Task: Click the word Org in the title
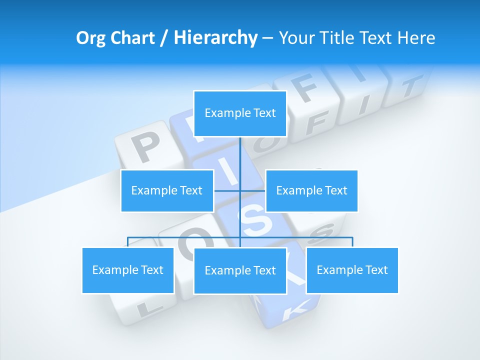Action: click(x=90, y=38)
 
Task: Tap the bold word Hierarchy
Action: click(x=215, y=38)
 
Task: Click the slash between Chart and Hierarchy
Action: click(x=163, y=38)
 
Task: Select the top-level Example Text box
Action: click(x=240, y=113)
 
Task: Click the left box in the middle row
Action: click(x=167, y=190)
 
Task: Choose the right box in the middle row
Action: click(x=311, y=190)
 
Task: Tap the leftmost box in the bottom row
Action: click(x=128, y=270)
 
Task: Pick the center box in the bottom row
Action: click(x=240, y=270)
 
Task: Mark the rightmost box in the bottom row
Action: click(x=352, y=270)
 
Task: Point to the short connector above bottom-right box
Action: click(x=352, y=242)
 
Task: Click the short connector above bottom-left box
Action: click(x=128, y=242)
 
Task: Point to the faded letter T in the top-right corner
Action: click(x=411, y=86)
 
